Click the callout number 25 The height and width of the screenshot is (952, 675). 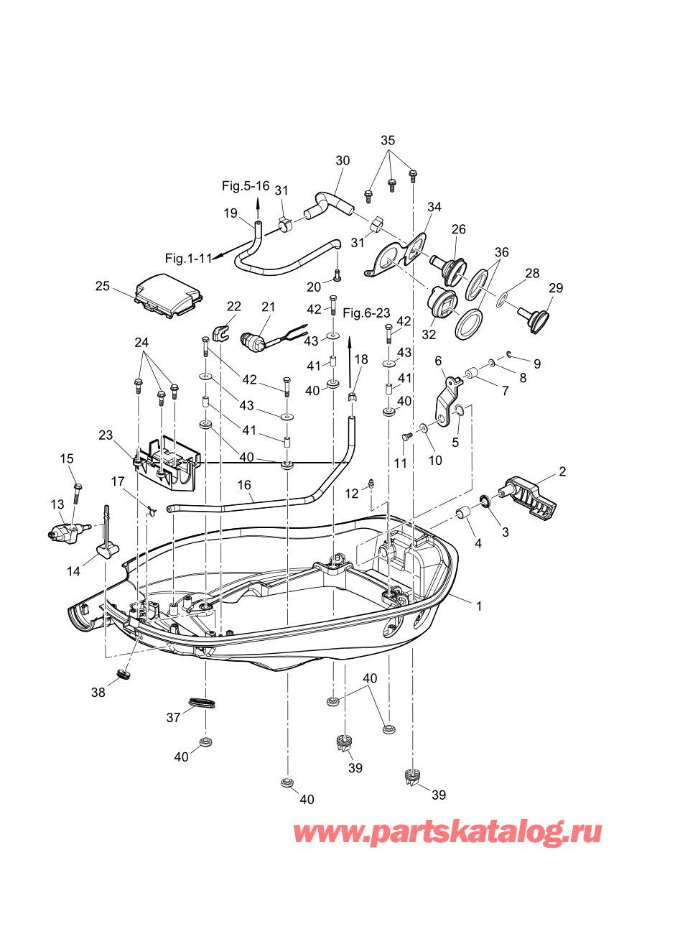point(103,287)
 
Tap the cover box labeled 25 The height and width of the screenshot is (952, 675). point(169,295)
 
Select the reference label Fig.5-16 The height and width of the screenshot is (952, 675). point(246,185)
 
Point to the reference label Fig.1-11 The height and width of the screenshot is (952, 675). point(188,259)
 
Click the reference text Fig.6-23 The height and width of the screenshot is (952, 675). point(366,313)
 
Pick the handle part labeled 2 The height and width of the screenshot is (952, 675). point(529,497)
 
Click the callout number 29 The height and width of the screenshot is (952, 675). point(556,287)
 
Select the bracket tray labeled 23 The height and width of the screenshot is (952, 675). point(167,463)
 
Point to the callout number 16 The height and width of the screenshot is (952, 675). point(244,484)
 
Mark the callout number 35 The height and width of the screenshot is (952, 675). point(388,140)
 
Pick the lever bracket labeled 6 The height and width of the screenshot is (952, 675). point(449,400)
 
